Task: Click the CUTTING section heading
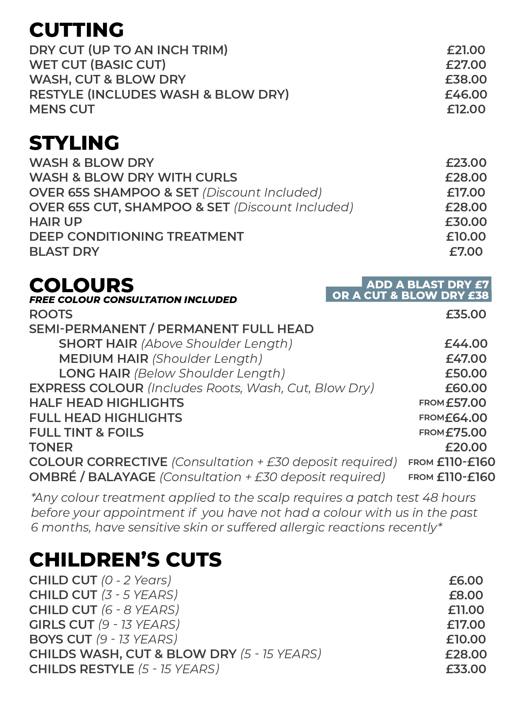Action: click(76, 30)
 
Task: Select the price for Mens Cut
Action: click(466, 109)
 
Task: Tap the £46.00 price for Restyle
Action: click(466, 94)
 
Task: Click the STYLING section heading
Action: click(74, 143)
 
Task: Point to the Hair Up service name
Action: click(56, 222)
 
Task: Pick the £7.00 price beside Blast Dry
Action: click(466, 252)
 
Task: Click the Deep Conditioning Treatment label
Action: click(136, 237)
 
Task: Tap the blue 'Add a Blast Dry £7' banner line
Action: click(427, 284)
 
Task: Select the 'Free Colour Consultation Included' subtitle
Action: click(133, 300)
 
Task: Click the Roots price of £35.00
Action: click(466, 314)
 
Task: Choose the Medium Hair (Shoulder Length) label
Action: click(160, 359)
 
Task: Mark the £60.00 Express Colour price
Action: click(466, 388)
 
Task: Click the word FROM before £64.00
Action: click(431, 418)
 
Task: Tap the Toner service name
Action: click(51, 447)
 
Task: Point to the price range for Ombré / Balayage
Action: click(466, 477)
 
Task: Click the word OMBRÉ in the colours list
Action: click(53, 477)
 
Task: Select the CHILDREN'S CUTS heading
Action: click(125, 560)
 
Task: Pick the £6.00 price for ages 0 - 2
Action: click(466, 581)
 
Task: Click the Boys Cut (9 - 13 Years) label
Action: click(103, 639)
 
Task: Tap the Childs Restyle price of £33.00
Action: click(466, 669)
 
